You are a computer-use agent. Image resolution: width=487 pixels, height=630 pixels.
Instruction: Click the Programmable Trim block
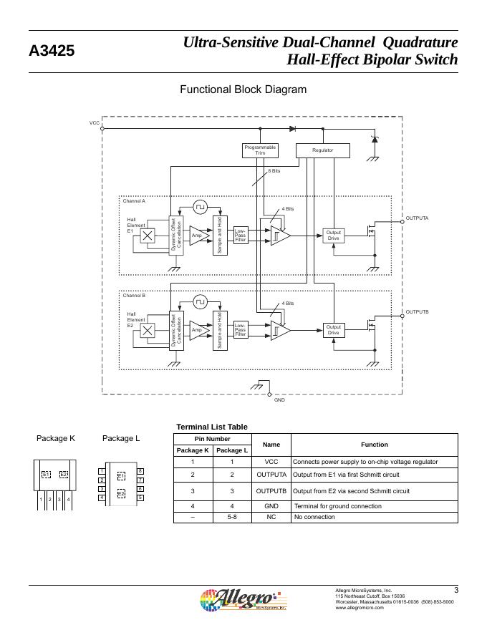tap(261, 150)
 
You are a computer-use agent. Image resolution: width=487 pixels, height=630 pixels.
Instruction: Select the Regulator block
tap(323, 150)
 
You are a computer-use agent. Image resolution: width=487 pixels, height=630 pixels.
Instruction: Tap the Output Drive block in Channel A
tap(333, 235)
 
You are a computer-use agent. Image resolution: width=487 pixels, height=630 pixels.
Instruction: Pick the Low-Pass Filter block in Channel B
tap(241, 329)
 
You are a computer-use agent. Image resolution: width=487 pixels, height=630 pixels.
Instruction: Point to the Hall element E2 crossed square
tap(148, 330)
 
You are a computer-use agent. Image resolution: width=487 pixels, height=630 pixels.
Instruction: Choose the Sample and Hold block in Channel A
tap(220, 235)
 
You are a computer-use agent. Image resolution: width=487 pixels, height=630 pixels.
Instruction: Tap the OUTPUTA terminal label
tap(417, 218)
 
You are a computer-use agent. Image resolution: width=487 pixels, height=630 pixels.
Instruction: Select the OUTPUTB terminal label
tap(417, 312)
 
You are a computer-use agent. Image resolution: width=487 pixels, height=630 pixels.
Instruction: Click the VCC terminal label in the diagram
tap(95, 123)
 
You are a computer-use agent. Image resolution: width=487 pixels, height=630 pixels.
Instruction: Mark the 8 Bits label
tap(274, 172)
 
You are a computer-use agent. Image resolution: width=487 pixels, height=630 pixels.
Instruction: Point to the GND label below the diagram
tap(279, 400)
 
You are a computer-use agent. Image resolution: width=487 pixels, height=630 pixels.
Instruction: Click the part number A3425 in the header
tap(52, 52)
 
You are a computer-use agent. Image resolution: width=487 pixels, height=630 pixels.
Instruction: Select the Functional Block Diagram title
tap(243, 89)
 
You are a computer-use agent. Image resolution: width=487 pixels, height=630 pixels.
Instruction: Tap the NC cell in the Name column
tap(271, 516)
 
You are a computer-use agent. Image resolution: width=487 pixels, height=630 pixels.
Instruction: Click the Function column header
tap(374, 444)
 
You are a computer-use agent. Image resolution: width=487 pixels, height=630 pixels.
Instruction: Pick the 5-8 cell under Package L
tap(232, 516)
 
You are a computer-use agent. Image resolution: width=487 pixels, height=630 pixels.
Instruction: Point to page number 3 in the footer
tap(455, 590)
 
